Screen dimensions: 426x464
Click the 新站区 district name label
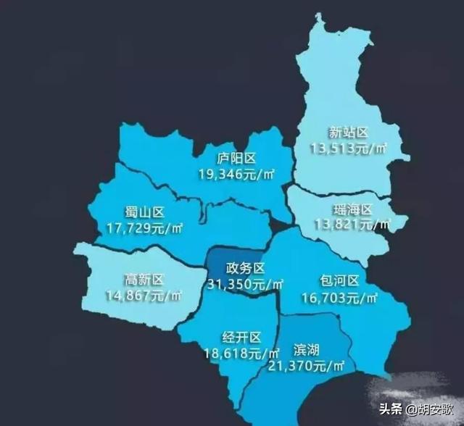coord(349,133)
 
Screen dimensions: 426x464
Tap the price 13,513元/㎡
coord(349,149)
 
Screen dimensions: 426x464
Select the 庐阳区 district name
coord(236,159)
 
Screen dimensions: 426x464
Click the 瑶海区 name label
coord(353,210)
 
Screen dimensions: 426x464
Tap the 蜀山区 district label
coord(146,212)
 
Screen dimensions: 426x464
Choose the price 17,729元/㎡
coord(145,227)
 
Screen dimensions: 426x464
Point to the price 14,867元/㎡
coord(144,296)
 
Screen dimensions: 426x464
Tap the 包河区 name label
coord(339,281)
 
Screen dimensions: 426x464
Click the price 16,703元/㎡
coord(339,297)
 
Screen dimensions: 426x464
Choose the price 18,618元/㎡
coord(242,354)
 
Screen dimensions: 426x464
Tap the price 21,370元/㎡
coord(308,367)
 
